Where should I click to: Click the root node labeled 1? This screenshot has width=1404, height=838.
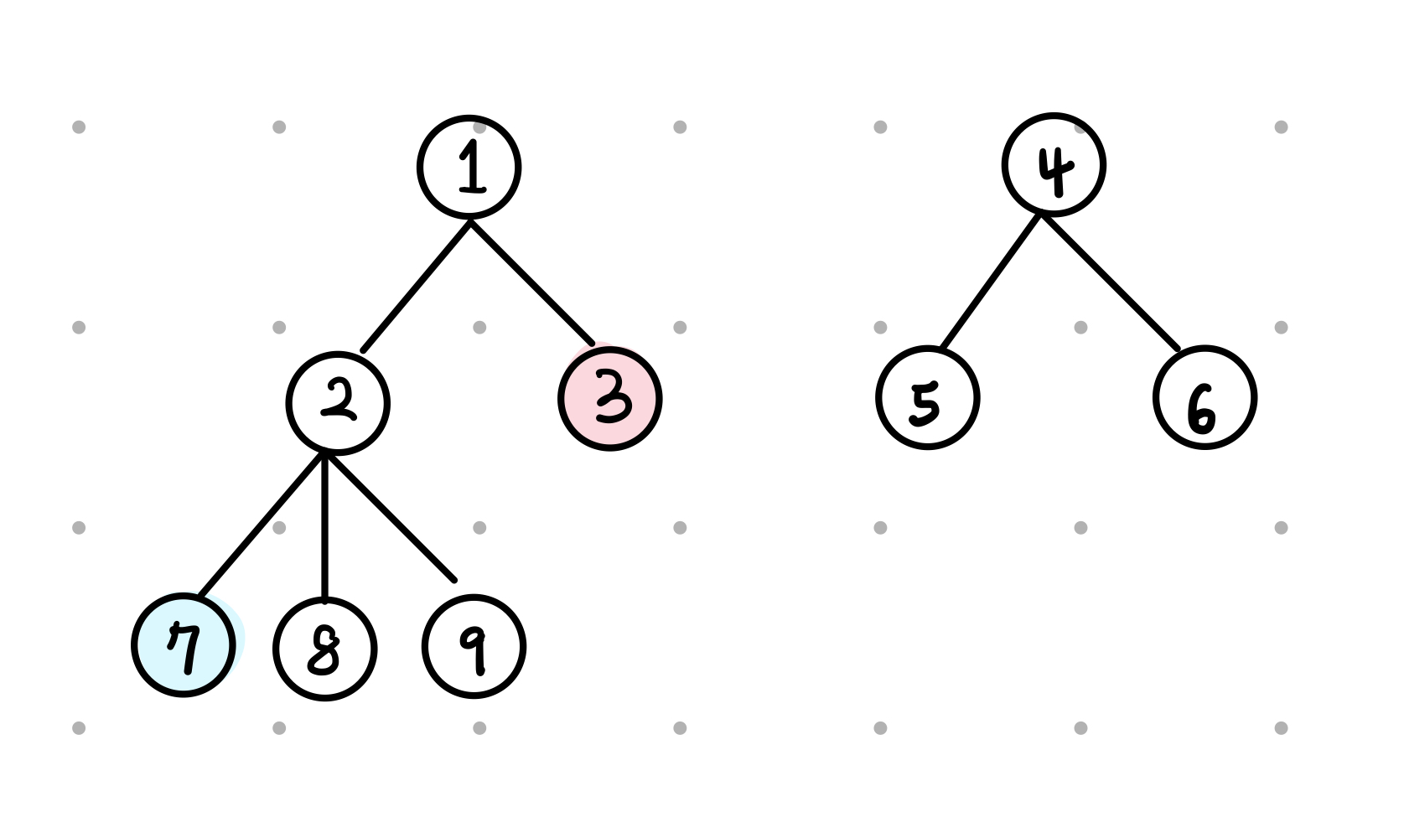pos(469,167)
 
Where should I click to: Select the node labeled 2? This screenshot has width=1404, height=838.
pos(338,403)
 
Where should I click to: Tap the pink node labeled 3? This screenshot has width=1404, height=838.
pos(610,399)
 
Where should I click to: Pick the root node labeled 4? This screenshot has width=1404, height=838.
pos(1054,164)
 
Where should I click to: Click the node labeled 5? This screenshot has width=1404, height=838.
pos(928,398)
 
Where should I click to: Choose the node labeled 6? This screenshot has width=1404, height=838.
pos(1205,397)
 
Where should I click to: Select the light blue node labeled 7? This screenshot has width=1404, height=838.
pos(184,645)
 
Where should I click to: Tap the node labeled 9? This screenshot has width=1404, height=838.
pos(474,646)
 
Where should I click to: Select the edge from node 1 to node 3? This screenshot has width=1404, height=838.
pos(532,282)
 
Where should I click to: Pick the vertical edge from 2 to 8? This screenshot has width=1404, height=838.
pos(324,528)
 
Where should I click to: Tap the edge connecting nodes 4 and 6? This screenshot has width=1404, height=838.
pos(1111,282)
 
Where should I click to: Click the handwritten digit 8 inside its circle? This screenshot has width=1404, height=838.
pos(324,651)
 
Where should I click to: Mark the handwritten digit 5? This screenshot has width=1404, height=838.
pos(925,402)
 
